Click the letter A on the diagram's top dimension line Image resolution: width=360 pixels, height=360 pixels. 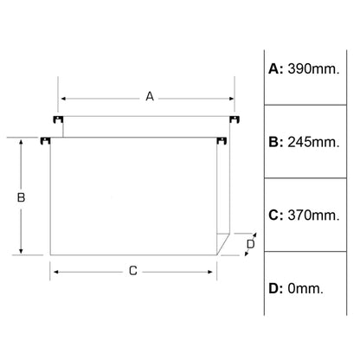click(150, 96)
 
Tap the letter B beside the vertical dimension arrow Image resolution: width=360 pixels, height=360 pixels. click(21, 197)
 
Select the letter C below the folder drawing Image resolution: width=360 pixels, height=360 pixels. click(133, 271)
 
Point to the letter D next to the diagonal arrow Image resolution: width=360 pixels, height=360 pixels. click(251, 244)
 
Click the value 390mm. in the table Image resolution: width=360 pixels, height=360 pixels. click(313, 69)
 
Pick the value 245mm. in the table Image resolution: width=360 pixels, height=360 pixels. click(313, 142)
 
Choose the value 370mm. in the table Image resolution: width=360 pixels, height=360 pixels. click(313, 215)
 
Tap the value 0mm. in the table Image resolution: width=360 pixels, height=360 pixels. click(305, 288)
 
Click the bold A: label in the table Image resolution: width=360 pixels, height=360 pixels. click(276, 69)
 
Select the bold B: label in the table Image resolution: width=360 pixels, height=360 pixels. click(276, 142)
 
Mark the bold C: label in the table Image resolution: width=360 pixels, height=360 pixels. click(276, 215)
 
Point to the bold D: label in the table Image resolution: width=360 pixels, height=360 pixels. click(276, 288)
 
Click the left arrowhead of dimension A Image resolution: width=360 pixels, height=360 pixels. click(63, 99)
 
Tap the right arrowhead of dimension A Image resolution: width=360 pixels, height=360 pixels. click(232, 99)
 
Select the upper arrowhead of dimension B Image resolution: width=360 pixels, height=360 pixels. click(21, 142)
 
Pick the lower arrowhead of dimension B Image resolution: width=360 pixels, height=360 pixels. click(21, 251)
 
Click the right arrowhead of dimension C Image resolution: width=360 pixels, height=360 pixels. click(210, 272)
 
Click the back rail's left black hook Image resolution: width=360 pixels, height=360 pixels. click(58, 119)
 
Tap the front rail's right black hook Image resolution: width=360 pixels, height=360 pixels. click(222, 141)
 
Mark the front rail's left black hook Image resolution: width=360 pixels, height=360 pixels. click(45, 141)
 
